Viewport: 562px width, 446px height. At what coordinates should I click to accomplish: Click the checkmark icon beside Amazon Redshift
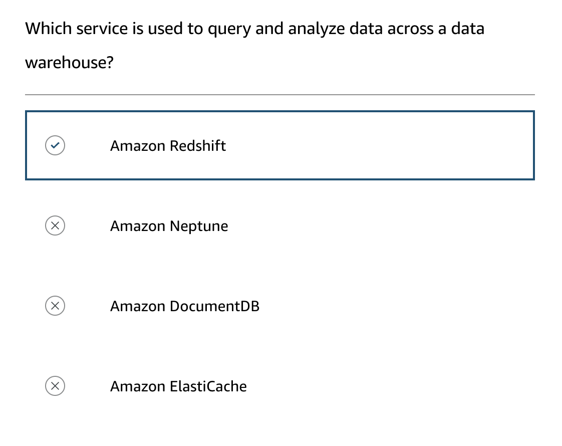[55, 146]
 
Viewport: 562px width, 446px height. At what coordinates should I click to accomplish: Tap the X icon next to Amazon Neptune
[55, 226]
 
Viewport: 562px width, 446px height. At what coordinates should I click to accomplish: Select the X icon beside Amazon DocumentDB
[55, 306]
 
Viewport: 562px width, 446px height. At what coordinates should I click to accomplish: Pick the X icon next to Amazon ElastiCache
[55, 386]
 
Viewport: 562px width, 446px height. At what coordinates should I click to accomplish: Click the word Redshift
[198, 146]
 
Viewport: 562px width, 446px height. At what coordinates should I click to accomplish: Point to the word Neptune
[199, 226]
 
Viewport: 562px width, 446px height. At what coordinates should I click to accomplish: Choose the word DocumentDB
[214, 306]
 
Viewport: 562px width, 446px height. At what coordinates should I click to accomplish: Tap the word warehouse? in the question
[70, 63]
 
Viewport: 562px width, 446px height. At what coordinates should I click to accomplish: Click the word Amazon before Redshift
[138, 146]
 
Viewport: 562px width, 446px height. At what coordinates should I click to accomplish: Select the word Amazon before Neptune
[138, 226]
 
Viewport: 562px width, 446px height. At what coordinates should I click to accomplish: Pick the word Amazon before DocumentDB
[138, 306]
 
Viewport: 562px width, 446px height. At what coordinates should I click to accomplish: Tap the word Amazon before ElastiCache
[138, 386]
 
